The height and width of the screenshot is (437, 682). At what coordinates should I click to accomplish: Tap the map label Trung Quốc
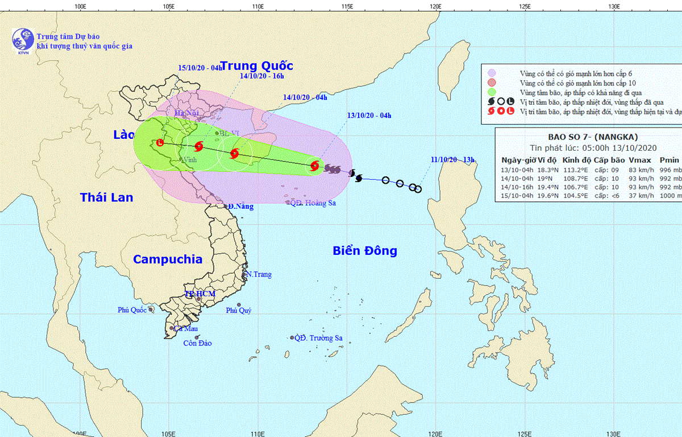coord(255,66)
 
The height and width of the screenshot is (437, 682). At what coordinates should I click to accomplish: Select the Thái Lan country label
coord(106,197)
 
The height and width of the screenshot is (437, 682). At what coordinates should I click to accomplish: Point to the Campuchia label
coord(167,259)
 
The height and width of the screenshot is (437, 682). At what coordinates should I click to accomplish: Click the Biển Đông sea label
coord(365,251)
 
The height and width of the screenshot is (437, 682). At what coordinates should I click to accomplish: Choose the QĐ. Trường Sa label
coord(318,338)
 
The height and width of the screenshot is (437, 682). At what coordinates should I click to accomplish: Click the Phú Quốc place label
coord(132,310)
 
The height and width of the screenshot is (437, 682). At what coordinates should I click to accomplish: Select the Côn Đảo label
coord(197,343)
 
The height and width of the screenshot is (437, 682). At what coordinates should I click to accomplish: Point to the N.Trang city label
coord(259,274)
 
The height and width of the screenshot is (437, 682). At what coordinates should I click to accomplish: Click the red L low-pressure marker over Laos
coord(160,143)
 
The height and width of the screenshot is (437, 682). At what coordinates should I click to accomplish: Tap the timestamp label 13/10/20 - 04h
coord(369,116)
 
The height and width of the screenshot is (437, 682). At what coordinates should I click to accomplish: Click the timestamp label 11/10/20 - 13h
coord(452,159)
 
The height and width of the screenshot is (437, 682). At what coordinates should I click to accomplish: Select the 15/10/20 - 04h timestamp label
coord(200,67)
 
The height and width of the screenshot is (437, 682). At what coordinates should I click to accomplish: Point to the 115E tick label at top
coord(347,7)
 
